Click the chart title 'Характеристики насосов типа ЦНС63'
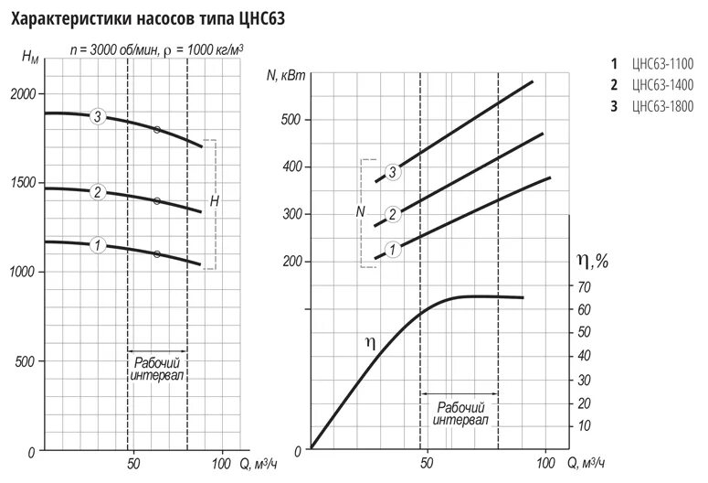click(146, 16)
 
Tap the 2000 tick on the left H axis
click(22, 95)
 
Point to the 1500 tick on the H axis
click(22, 184)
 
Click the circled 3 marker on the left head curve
click(97, 116)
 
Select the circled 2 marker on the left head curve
click(97, 192)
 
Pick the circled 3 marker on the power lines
click(393, 171)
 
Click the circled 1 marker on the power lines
click(393, 249)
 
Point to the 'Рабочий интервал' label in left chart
click(157, 368)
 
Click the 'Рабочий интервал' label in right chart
click(460, 413)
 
